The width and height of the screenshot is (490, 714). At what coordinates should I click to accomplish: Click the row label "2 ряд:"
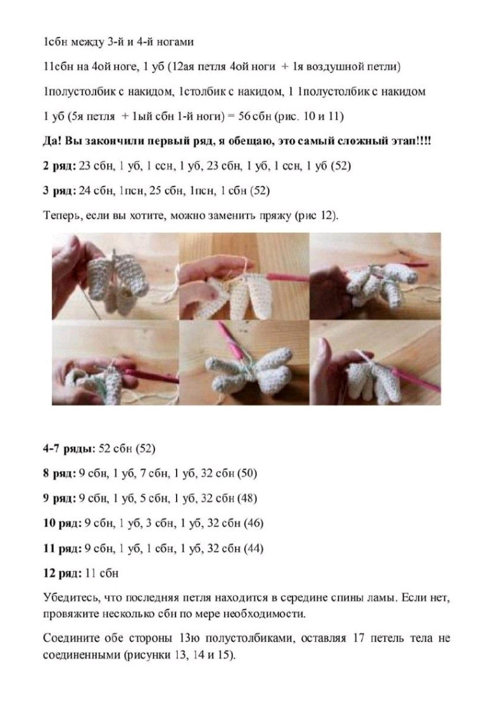59,166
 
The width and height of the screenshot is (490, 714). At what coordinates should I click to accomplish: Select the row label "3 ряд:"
59,190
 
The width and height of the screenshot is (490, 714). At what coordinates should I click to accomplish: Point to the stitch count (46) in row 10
251,523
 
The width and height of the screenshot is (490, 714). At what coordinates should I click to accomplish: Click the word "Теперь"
60,215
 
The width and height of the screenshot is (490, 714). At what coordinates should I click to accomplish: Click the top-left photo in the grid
115,275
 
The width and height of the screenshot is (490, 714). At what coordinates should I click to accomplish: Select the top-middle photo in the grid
244,275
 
